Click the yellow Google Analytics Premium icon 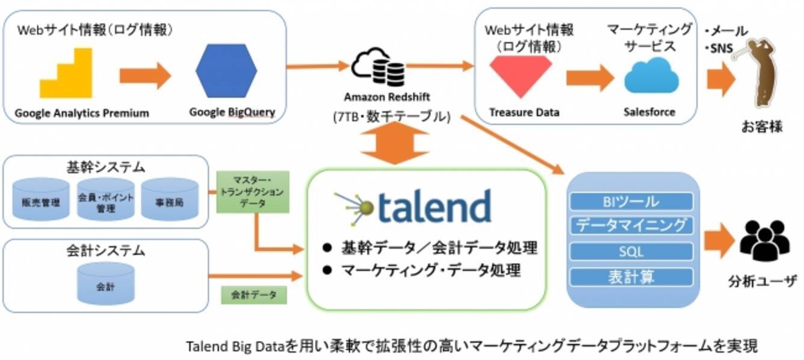66,75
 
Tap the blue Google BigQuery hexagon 226,71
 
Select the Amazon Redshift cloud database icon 379,67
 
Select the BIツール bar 631,202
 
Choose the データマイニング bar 631,226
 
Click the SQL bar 631,251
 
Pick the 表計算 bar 631,277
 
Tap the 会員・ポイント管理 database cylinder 105,200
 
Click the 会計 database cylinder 105,284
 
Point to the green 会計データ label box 253,294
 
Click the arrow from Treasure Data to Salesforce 589,77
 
